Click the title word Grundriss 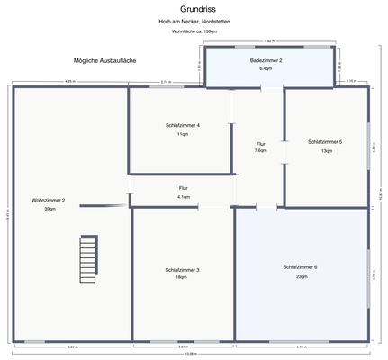[x=194, y=8]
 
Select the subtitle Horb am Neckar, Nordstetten [x=194, y=21]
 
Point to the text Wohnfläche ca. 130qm [x=194, y=31]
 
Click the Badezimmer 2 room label [x=266, y=60]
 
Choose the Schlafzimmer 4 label [x=183, y=125]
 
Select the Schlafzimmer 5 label [x=325, y=142]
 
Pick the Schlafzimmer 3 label [x=183, y=270]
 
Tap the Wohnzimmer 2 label [x=49, y=200]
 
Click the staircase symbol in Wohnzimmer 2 [x=87, y=258]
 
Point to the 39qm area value [x=49, y=209]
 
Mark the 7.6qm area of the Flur [x=260, y=151]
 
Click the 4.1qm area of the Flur [x=183, y=196]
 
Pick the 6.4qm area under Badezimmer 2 [x=266, y=68]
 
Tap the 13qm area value [x=325, y=151]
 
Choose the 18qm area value [x=183, y=278]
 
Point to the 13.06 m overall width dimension [x=190, y=354]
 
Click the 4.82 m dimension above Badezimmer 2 [x=267, y=41]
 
